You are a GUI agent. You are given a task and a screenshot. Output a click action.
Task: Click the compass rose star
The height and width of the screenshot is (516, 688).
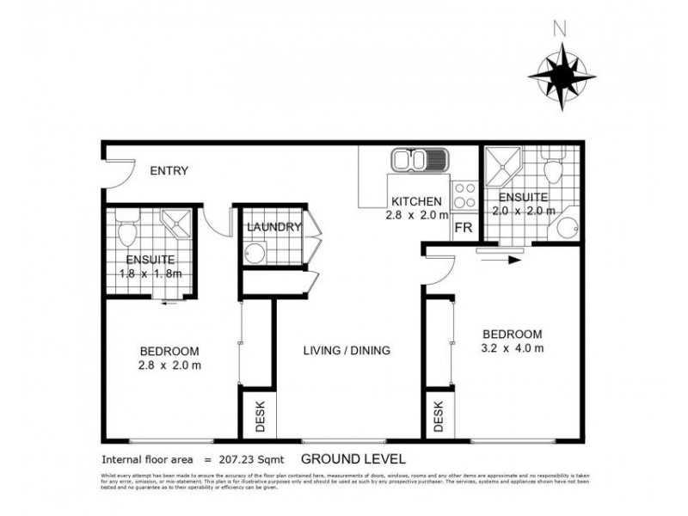pyautogui.click(x=561, y=76)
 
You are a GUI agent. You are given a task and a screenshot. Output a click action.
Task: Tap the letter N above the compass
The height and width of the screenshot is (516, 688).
pyautogui.click(x=561, y=29)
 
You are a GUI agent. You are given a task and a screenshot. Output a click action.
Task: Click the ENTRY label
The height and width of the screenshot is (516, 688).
pyautogui.click(x=169, y=171)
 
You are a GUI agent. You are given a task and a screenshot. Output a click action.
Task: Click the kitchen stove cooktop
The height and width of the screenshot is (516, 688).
pyautogui.click(x=464, y=194)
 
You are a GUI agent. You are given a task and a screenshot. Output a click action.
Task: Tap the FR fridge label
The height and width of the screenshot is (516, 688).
pyautogui.click(x=463, y=229)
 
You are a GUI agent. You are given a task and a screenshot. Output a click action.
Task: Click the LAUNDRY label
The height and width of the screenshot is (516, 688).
pyautogui.click(x=273, y=228)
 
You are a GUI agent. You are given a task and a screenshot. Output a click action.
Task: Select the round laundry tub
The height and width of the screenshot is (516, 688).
pyautogui.click(x=255, y=252)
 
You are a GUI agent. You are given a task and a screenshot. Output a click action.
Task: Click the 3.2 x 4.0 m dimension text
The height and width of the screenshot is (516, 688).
pyautogui.click(x=512, y=348)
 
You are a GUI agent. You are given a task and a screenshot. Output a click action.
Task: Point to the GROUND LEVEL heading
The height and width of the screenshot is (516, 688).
pyautogui.click(x=353, y=459)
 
